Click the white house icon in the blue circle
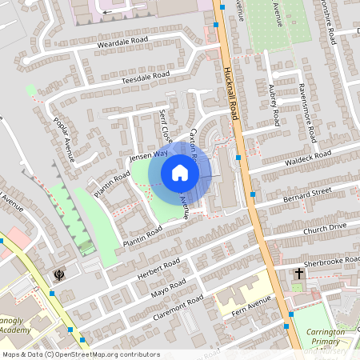click(x=180, y=172)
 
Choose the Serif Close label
click(x=166, y=125)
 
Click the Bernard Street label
click(x=306, y=194)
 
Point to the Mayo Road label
click(x=169, y=288)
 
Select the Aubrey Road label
click(x=274, y=104)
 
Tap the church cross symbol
click(x=299, y=274)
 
